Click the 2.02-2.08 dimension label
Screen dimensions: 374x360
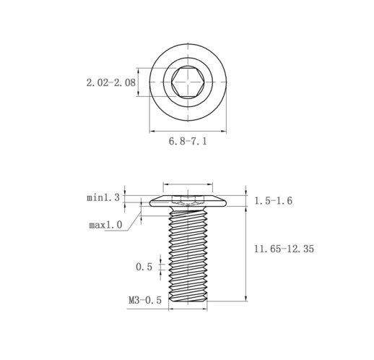[111, 82]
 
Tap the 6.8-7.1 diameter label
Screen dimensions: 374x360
[188, 141]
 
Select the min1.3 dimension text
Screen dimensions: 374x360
[103, 198]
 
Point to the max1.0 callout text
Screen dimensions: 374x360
[105, 225]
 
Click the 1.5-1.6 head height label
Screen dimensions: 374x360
[274, 201]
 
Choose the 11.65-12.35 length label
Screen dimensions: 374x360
[284, 249]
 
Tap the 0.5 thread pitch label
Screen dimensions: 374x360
[144, 267]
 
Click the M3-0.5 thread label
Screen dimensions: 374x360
[145, 300]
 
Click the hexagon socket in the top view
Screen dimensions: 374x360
[188, 82]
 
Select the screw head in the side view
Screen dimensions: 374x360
[188, 201]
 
